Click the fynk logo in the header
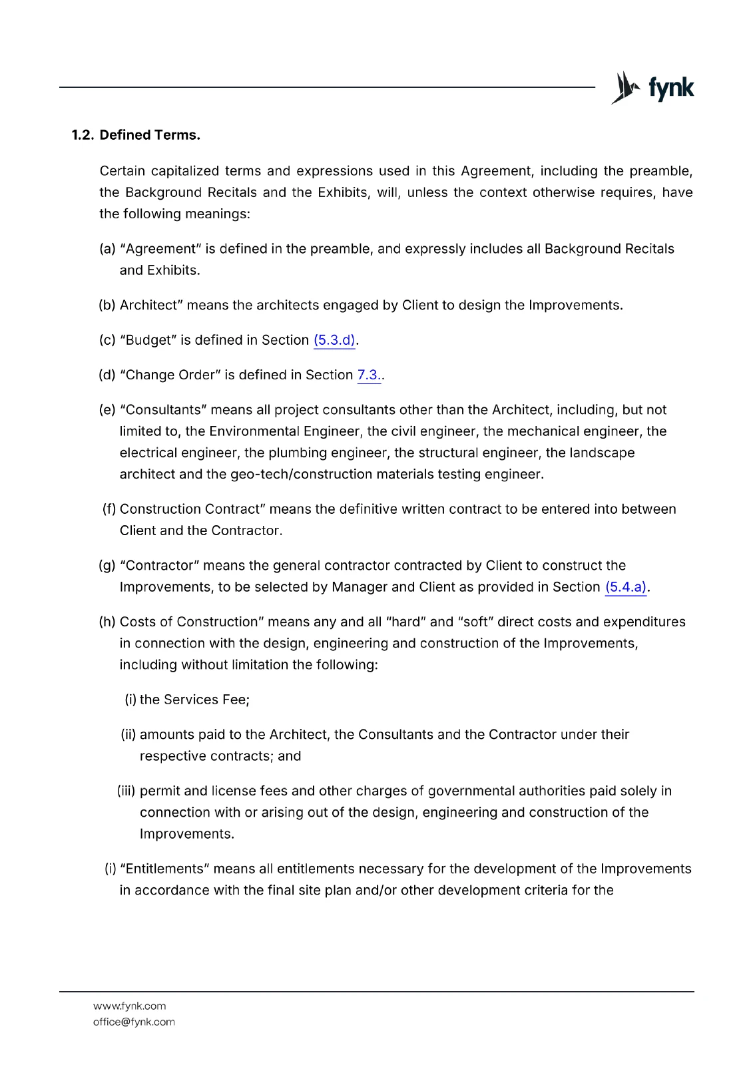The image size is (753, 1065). click(x=652, y=88)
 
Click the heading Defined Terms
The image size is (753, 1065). click(x=150, y=135)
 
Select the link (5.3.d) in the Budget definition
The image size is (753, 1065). click(x=334, y=340)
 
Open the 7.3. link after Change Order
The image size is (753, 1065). click(x=369, y=375)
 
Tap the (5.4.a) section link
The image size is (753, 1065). click(x=626, y=587)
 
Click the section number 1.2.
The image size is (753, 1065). click(x=83, y=135)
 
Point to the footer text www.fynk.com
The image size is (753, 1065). click(x=130, y=1006)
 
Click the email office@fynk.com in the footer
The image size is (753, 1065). click(x=134, y=1022)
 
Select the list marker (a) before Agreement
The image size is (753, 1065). click(x=107, y=249)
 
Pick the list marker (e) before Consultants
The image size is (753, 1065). click(x=107, y=410)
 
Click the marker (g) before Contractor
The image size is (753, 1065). click(x=107, y=566)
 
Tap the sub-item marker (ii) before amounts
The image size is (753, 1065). click(x=128, y=735)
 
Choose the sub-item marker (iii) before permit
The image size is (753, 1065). click(x=126, y=791)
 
